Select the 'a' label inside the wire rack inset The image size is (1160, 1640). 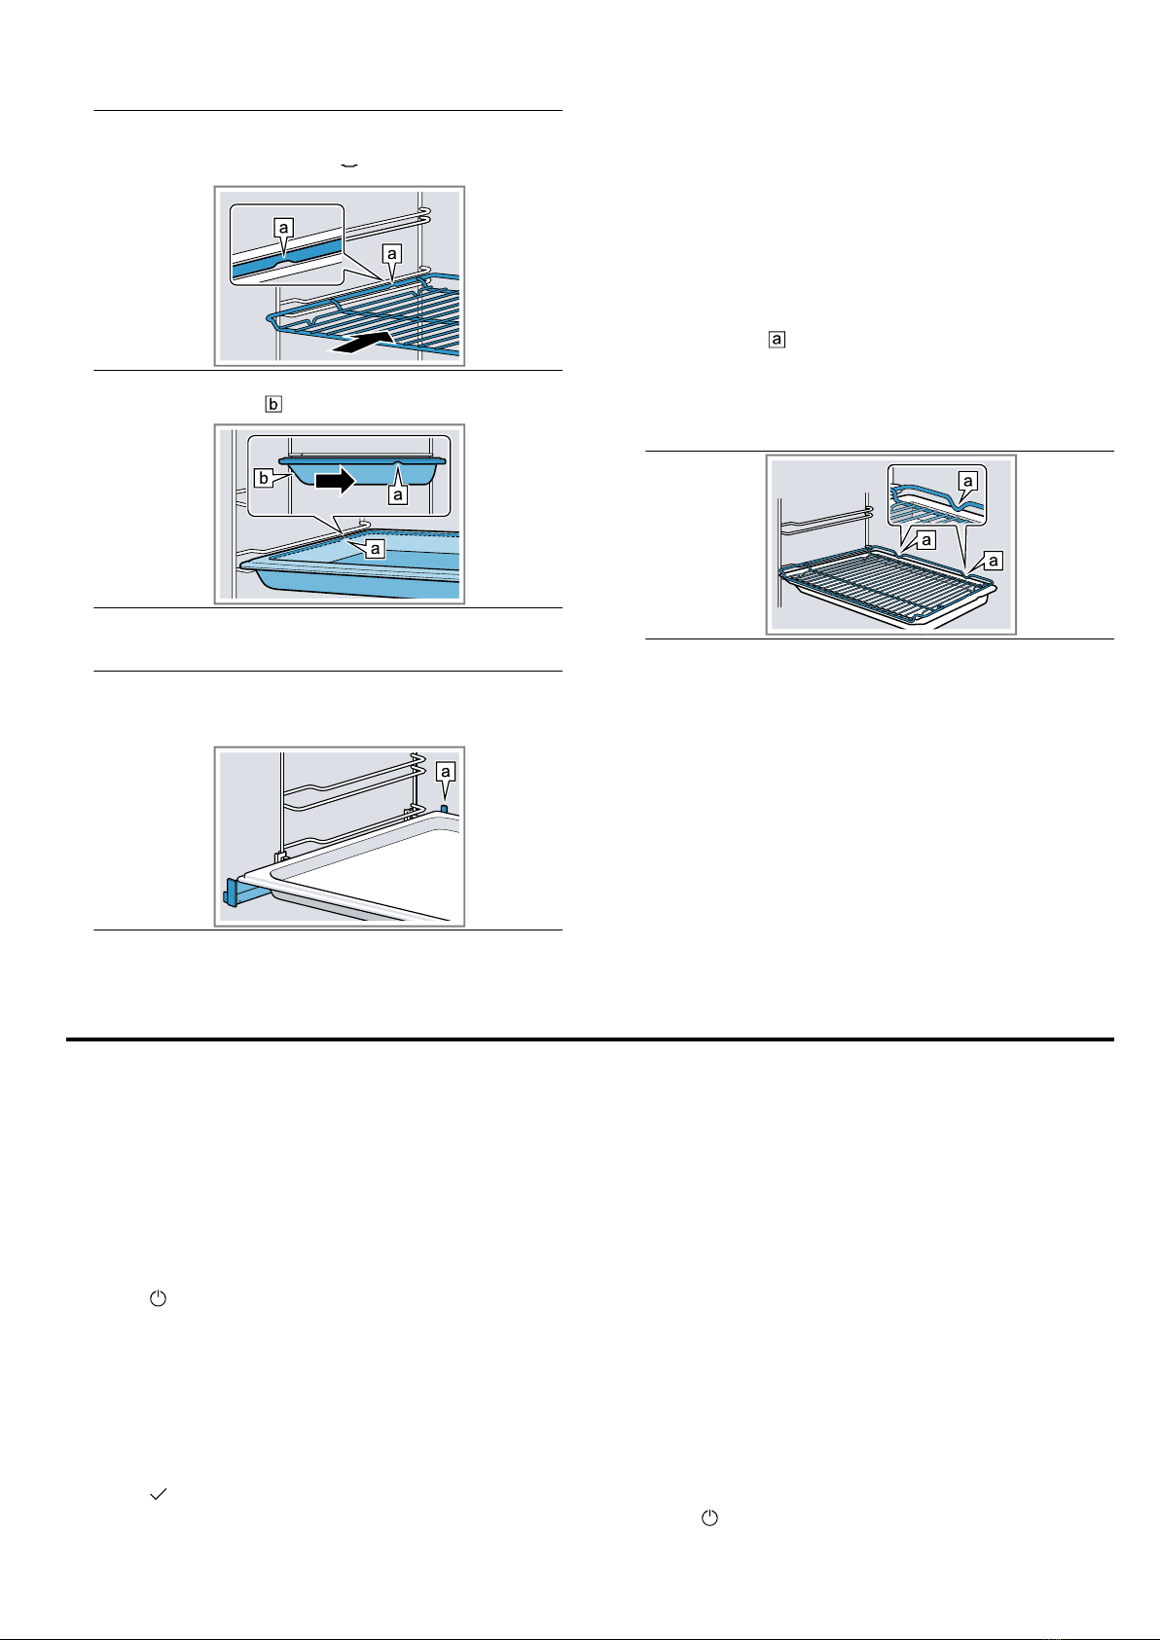click(283, 228)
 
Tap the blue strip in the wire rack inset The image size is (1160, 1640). click(287, 262)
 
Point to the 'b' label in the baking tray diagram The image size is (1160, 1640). click(264, 479)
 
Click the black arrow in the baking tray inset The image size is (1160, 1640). click(335, 481)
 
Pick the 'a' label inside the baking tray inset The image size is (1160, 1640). click(397, 495)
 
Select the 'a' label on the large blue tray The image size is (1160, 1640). click(375, 548)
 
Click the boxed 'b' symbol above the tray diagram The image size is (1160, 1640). click(273, 404)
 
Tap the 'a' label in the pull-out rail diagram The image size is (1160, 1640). click(445, 771)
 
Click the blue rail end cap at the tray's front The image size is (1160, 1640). click(232, 892)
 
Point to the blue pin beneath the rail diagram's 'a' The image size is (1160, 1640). click(444, 808)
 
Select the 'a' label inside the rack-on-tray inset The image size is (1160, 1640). click(967, 481)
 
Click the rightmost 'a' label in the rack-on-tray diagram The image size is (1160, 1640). click(994, 562)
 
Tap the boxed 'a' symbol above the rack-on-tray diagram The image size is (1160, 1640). click(777, 340)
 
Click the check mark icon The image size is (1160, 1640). click(158, 1494)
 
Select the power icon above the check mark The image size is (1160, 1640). click(158, 1298)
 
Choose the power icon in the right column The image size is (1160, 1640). click(709, 1518)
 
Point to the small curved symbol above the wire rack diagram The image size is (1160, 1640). click(349, 166)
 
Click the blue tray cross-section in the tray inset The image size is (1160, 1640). click(363, 473)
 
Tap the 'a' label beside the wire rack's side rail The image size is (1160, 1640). click(391, 254)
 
